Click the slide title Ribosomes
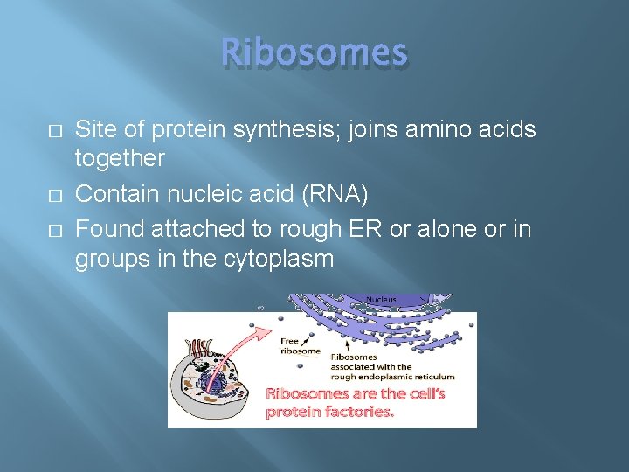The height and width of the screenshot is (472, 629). pyautogui.click(x=314, y=53)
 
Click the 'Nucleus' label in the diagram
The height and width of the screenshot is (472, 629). pyautogui.click(x=381, y=299)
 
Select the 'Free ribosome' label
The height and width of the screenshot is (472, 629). pyautogui.click(x=298, y=345)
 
